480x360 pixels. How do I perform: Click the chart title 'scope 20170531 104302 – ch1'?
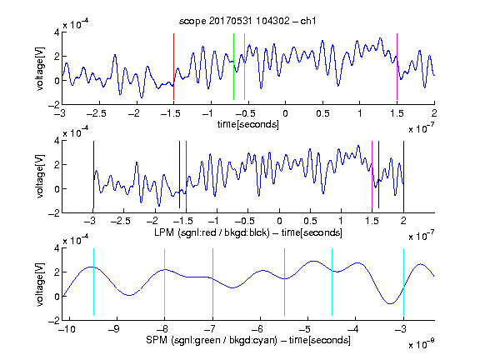pos(247,21)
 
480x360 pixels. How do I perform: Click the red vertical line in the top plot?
pos(173,67)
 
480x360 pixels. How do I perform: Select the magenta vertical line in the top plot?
pos(397,67)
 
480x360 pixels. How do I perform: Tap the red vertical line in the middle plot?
pos(186,175)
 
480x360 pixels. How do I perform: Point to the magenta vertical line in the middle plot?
pos(372,175)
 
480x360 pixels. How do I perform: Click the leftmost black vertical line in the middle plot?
pos(93,175)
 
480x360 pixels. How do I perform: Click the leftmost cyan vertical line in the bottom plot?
pos(93,282)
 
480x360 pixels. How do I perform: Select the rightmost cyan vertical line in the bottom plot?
pos(403,282)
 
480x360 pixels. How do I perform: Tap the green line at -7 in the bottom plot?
pos(212,282)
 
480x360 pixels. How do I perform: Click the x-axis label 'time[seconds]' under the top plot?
pos(248,124)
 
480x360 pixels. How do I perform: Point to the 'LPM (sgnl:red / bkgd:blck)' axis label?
pos(212,232)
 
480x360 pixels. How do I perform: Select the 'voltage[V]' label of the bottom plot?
pos(40,284)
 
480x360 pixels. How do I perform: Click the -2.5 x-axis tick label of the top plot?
pos(96,113)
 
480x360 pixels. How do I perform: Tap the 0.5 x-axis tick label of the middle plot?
pos(310,221)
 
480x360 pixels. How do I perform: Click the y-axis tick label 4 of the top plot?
pos(57,32)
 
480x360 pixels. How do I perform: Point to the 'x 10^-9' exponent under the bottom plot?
pos(421,344)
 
